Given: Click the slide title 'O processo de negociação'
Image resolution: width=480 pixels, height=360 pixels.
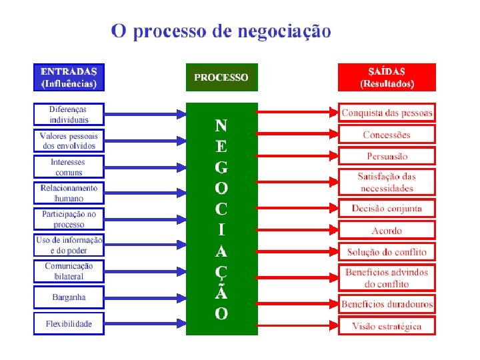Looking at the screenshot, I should pos(221,31).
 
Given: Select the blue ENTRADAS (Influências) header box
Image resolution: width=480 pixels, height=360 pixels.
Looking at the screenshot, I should pos(69,77).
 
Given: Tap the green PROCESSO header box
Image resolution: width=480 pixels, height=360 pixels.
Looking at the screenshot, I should pos(221,77).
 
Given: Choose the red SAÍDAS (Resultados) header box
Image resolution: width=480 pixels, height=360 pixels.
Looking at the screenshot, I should pos(387,77).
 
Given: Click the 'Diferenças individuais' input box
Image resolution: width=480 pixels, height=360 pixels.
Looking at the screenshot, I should pos(69,114).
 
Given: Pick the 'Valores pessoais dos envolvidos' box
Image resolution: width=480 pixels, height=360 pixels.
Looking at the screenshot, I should pos(69,140).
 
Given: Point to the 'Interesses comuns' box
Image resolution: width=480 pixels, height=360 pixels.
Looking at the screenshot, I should pos(69,167).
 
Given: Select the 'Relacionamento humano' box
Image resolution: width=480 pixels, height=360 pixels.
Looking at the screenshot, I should pos(69,193).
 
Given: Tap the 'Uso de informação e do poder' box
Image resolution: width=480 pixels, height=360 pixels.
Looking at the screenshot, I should pos(69,245).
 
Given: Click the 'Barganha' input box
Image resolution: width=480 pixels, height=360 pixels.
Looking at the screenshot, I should pos(69,297).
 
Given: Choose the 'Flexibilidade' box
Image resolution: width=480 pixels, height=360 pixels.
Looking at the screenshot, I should pos(69,324).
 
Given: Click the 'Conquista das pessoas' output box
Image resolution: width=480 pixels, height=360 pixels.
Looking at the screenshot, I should pos(387,112).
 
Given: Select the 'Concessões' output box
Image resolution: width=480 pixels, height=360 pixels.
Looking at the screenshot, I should pos(387,135).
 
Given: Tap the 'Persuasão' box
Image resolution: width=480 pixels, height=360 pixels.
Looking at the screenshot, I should pos(387,156).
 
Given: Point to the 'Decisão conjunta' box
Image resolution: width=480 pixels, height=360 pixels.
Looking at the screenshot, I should pos(387,208).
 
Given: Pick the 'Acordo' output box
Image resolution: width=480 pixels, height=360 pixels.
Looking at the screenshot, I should pos(387,231).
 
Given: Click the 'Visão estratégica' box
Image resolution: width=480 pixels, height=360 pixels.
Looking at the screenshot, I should pos(387,326).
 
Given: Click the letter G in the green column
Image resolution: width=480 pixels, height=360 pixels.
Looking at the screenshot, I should pos(221,167).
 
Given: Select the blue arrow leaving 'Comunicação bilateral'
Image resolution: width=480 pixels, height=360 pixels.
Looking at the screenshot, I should pos(145,271).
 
